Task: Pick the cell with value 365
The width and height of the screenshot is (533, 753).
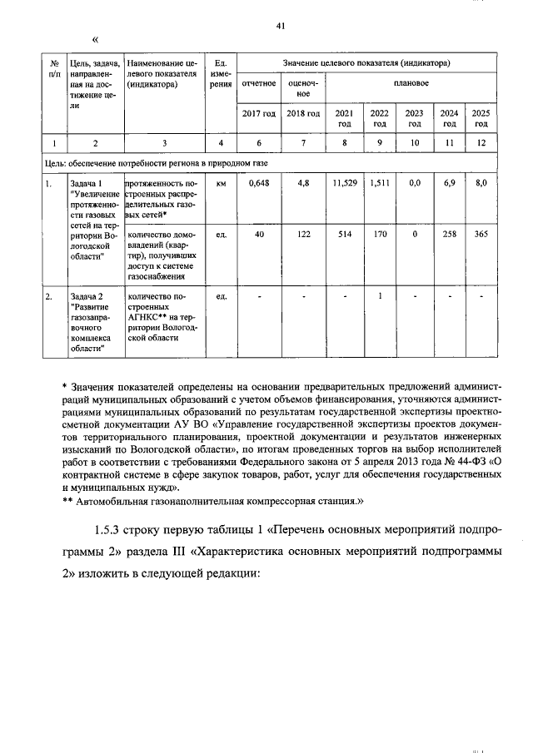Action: [x=481, y=235]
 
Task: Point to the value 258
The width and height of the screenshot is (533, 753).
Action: [x=449, y=235]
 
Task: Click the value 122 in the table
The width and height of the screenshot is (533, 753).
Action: [x=303, y=235]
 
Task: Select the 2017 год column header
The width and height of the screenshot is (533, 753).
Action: [x=258, y=113]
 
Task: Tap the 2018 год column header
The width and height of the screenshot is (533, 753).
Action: [x=303, y=113]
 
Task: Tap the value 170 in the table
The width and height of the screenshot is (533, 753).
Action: [x=380, y=235]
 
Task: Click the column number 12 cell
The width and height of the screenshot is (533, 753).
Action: [x=481, y=142]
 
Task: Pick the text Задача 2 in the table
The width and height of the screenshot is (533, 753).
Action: [x=87, y=296]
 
